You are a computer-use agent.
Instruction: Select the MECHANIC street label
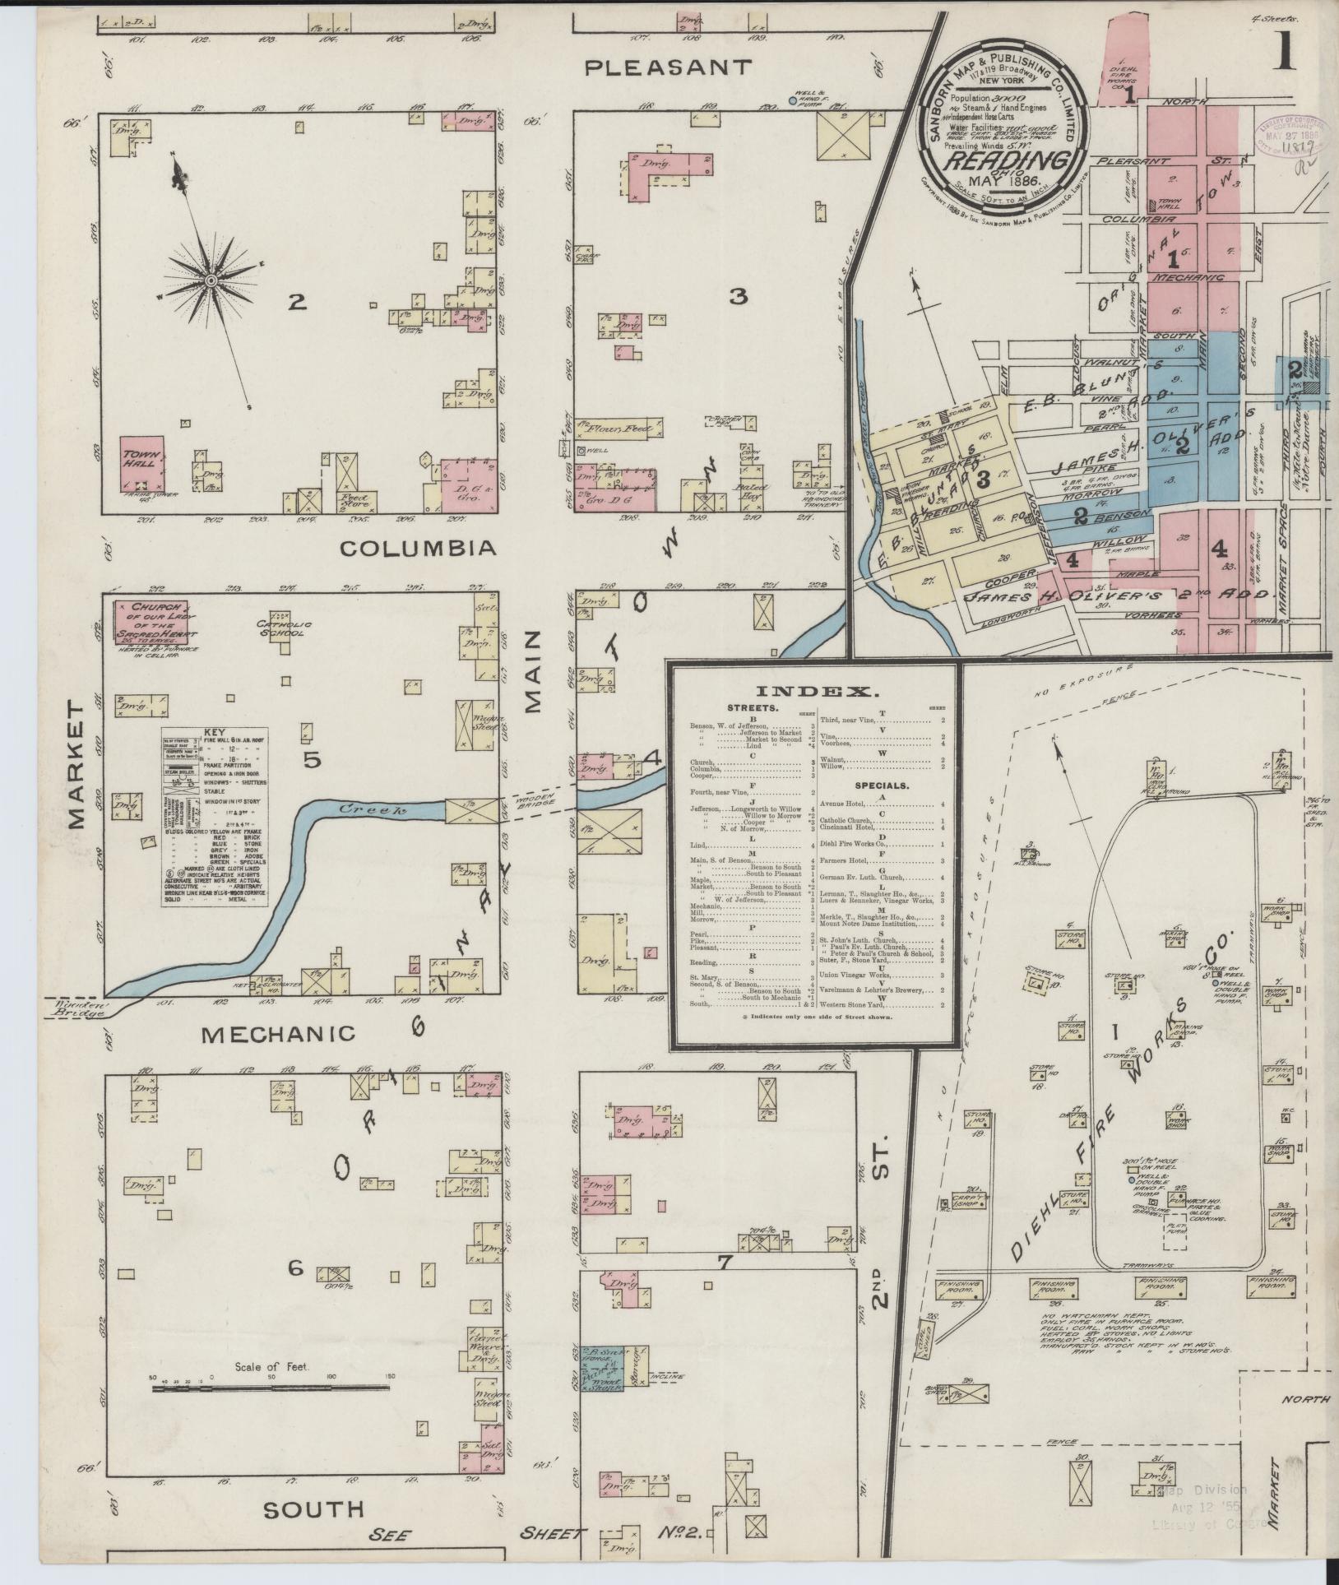click(280, 1034)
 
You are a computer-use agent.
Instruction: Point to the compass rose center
click(211, 281)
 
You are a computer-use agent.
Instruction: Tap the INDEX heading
click(812, 691)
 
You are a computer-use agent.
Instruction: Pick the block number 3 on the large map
click(738, 297)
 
